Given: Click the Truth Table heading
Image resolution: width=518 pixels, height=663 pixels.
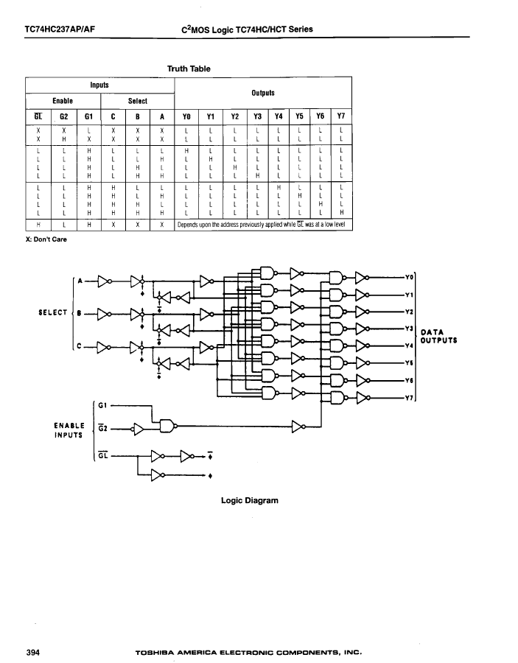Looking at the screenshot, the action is click(189, 69).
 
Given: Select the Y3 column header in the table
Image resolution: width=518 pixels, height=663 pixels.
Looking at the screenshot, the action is click(257, 116).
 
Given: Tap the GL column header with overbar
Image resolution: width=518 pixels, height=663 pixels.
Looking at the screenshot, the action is click(38, 116).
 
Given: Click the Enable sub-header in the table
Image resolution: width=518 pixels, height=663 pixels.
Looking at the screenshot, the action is click(63, 101).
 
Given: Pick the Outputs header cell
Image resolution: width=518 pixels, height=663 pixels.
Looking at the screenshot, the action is click(263, 93).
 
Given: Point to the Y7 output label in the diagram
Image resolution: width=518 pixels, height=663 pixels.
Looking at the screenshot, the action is click(409, 399).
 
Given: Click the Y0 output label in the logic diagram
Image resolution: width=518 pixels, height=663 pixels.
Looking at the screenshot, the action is click(409, 278).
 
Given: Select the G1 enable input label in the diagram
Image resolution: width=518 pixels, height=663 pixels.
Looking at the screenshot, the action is click(102, 405).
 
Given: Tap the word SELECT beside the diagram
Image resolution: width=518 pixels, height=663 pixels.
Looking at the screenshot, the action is click(53, 312).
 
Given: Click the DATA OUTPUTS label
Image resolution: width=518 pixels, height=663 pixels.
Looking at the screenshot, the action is click(439, 336).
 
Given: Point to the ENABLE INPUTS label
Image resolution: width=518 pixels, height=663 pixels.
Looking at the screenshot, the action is click(69, 430).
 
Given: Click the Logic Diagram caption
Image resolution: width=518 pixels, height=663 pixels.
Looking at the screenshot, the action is click(250, 501).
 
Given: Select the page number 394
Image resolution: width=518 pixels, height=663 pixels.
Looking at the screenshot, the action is click(33, 653).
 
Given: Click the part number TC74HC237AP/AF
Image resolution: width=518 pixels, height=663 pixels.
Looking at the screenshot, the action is click(60, 29).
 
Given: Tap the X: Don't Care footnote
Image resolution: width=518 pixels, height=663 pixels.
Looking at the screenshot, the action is click(46, 239).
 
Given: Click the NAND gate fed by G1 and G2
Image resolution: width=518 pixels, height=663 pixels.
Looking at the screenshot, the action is click(167, 426).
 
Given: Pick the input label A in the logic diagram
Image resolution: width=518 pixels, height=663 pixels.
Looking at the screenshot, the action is click(80, 281).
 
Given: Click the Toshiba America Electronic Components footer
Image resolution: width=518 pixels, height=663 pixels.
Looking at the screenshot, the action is click(248, 653).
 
